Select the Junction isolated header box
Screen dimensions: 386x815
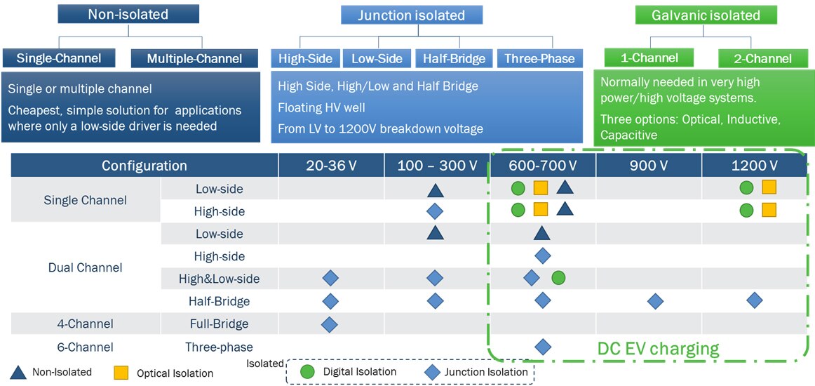click(412, 15)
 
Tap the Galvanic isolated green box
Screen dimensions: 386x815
click(706, 15)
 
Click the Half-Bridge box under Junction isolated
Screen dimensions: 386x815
click(454, 59)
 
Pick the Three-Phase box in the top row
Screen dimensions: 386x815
click(539, 59)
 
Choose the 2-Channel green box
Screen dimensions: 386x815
click(764, 59)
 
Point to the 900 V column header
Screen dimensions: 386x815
click(649, 166)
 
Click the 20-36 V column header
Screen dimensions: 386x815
click(331, 166)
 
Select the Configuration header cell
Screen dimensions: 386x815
click(144, 166)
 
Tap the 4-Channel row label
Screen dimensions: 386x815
click(85, 324)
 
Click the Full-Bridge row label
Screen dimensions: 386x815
click(219, 324)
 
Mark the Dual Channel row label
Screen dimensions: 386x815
click(85, 267)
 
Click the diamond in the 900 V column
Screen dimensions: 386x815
click(656, 301)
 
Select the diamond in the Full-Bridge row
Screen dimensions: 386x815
click(330, 324)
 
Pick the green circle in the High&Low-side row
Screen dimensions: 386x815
click(558, 278)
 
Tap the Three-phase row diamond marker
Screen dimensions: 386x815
click(542, 346)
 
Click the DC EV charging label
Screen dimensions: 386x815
click(658, 348)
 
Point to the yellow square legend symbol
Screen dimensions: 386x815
click(121, 373)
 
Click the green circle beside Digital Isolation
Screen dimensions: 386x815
click(307, 372)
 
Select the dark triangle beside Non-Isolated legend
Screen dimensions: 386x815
click(20, 372)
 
